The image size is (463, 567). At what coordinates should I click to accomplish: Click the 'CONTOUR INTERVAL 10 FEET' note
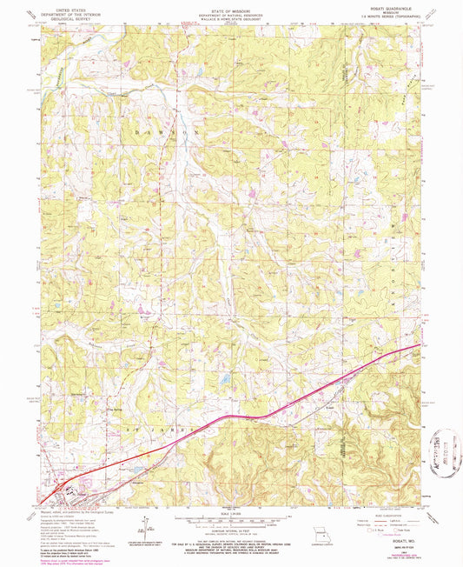coord(231,537)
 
